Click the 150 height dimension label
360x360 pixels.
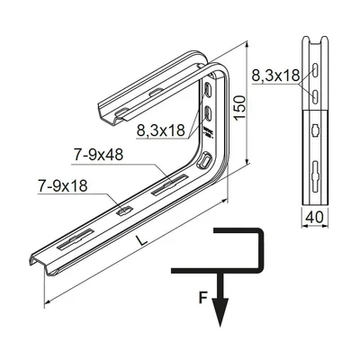coord(240,108)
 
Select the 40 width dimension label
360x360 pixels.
coord(315,217)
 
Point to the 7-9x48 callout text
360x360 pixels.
coord(98,155)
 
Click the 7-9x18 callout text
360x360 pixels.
coord(63,185)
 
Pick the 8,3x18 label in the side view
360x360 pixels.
coord(275,76)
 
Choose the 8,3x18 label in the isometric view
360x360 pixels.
coord(161,130)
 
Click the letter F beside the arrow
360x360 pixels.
coord(203,298)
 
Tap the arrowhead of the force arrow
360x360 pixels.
coord(220,311)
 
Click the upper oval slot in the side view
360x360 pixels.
coord(315,70)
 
